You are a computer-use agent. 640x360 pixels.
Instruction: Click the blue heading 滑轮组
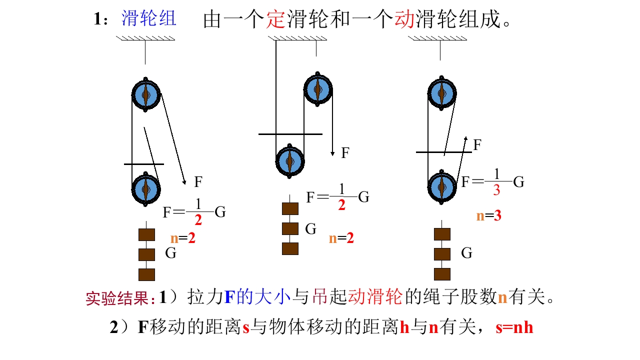[x=148, y=19]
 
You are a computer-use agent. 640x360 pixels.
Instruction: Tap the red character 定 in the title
[x=274, y=20]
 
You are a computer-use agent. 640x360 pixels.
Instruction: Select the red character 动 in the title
[x=404, y=20]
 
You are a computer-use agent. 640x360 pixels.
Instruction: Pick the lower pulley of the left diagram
[x=146, y=189]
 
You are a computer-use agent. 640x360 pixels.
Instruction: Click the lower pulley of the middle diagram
[x=289, y=161]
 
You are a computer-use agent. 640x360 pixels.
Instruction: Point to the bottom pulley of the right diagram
[x=441, y=185]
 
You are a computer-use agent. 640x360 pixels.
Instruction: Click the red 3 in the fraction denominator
[x=496, y=190]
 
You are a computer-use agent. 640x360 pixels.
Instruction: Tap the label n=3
[x=488, y=216]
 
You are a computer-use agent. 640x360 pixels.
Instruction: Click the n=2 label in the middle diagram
[x=341, y=238]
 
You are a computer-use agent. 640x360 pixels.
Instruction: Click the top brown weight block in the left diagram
[x=146, y=234]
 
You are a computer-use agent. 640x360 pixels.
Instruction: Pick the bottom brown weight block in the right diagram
[x=442, y=274]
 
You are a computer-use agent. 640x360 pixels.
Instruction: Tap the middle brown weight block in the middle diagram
[x=290, y=228]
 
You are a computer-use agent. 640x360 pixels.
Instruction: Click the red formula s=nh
[x=514, y=328]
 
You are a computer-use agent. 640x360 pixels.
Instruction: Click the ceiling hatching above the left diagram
[x=145, y=38]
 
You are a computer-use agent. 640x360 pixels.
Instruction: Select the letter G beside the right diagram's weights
[x=466, y=253]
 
